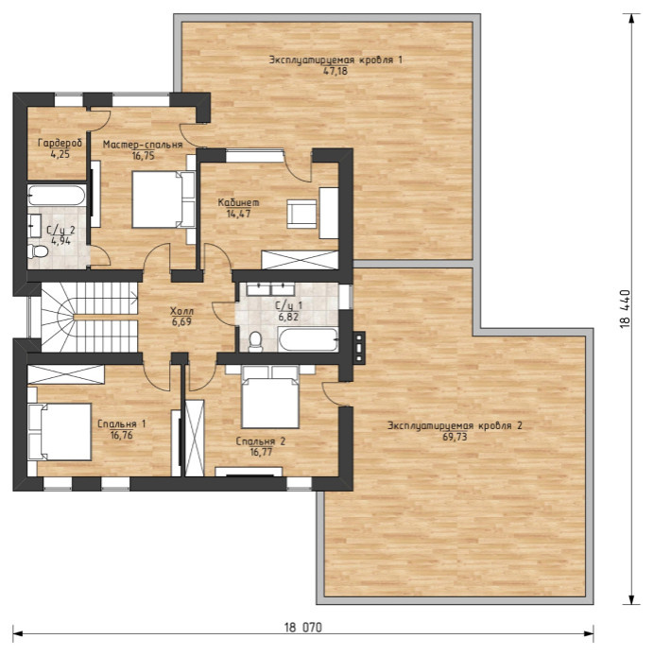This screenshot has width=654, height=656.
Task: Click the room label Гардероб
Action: click(x=60, y=143)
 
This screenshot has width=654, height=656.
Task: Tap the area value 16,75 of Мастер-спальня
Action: click(x=143, y=156)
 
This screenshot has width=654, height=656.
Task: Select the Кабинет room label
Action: click(x=238, y=203)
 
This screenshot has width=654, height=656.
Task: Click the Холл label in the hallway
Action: click(x=182, y=311)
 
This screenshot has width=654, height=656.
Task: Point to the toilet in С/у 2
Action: click(x=38, y=251)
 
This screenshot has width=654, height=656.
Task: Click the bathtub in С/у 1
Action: click(x=307, y=339)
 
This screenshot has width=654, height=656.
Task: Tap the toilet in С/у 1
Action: click(x=255, y=342)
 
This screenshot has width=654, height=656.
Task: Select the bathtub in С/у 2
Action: click(x=57, y=196)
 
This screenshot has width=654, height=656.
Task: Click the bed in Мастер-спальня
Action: click(x=163, y=199)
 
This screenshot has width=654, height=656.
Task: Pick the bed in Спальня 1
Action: click(x=60, y=432)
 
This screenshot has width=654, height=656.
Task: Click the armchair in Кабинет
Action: click(x=301, y=214)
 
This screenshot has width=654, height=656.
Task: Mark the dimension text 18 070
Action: click(x=303, y=628)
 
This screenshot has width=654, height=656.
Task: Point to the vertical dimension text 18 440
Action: click(x=625, y=309)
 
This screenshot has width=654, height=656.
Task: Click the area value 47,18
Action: click(x=336, y=71)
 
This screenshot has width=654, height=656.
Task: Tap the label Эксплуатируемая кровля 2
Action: click(x=455, y=426)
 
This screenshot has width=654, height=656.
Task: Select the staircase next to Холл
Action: click(x=90, y=317)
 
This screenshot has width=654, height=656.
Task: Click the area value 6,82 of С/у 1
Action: click(x=288, y=317)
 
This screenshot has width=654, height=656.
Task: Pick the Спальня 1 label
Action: click(x=122, y=424)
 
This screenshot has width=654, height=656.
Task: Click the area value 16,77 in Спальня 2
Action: click(x=260, y=452)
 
